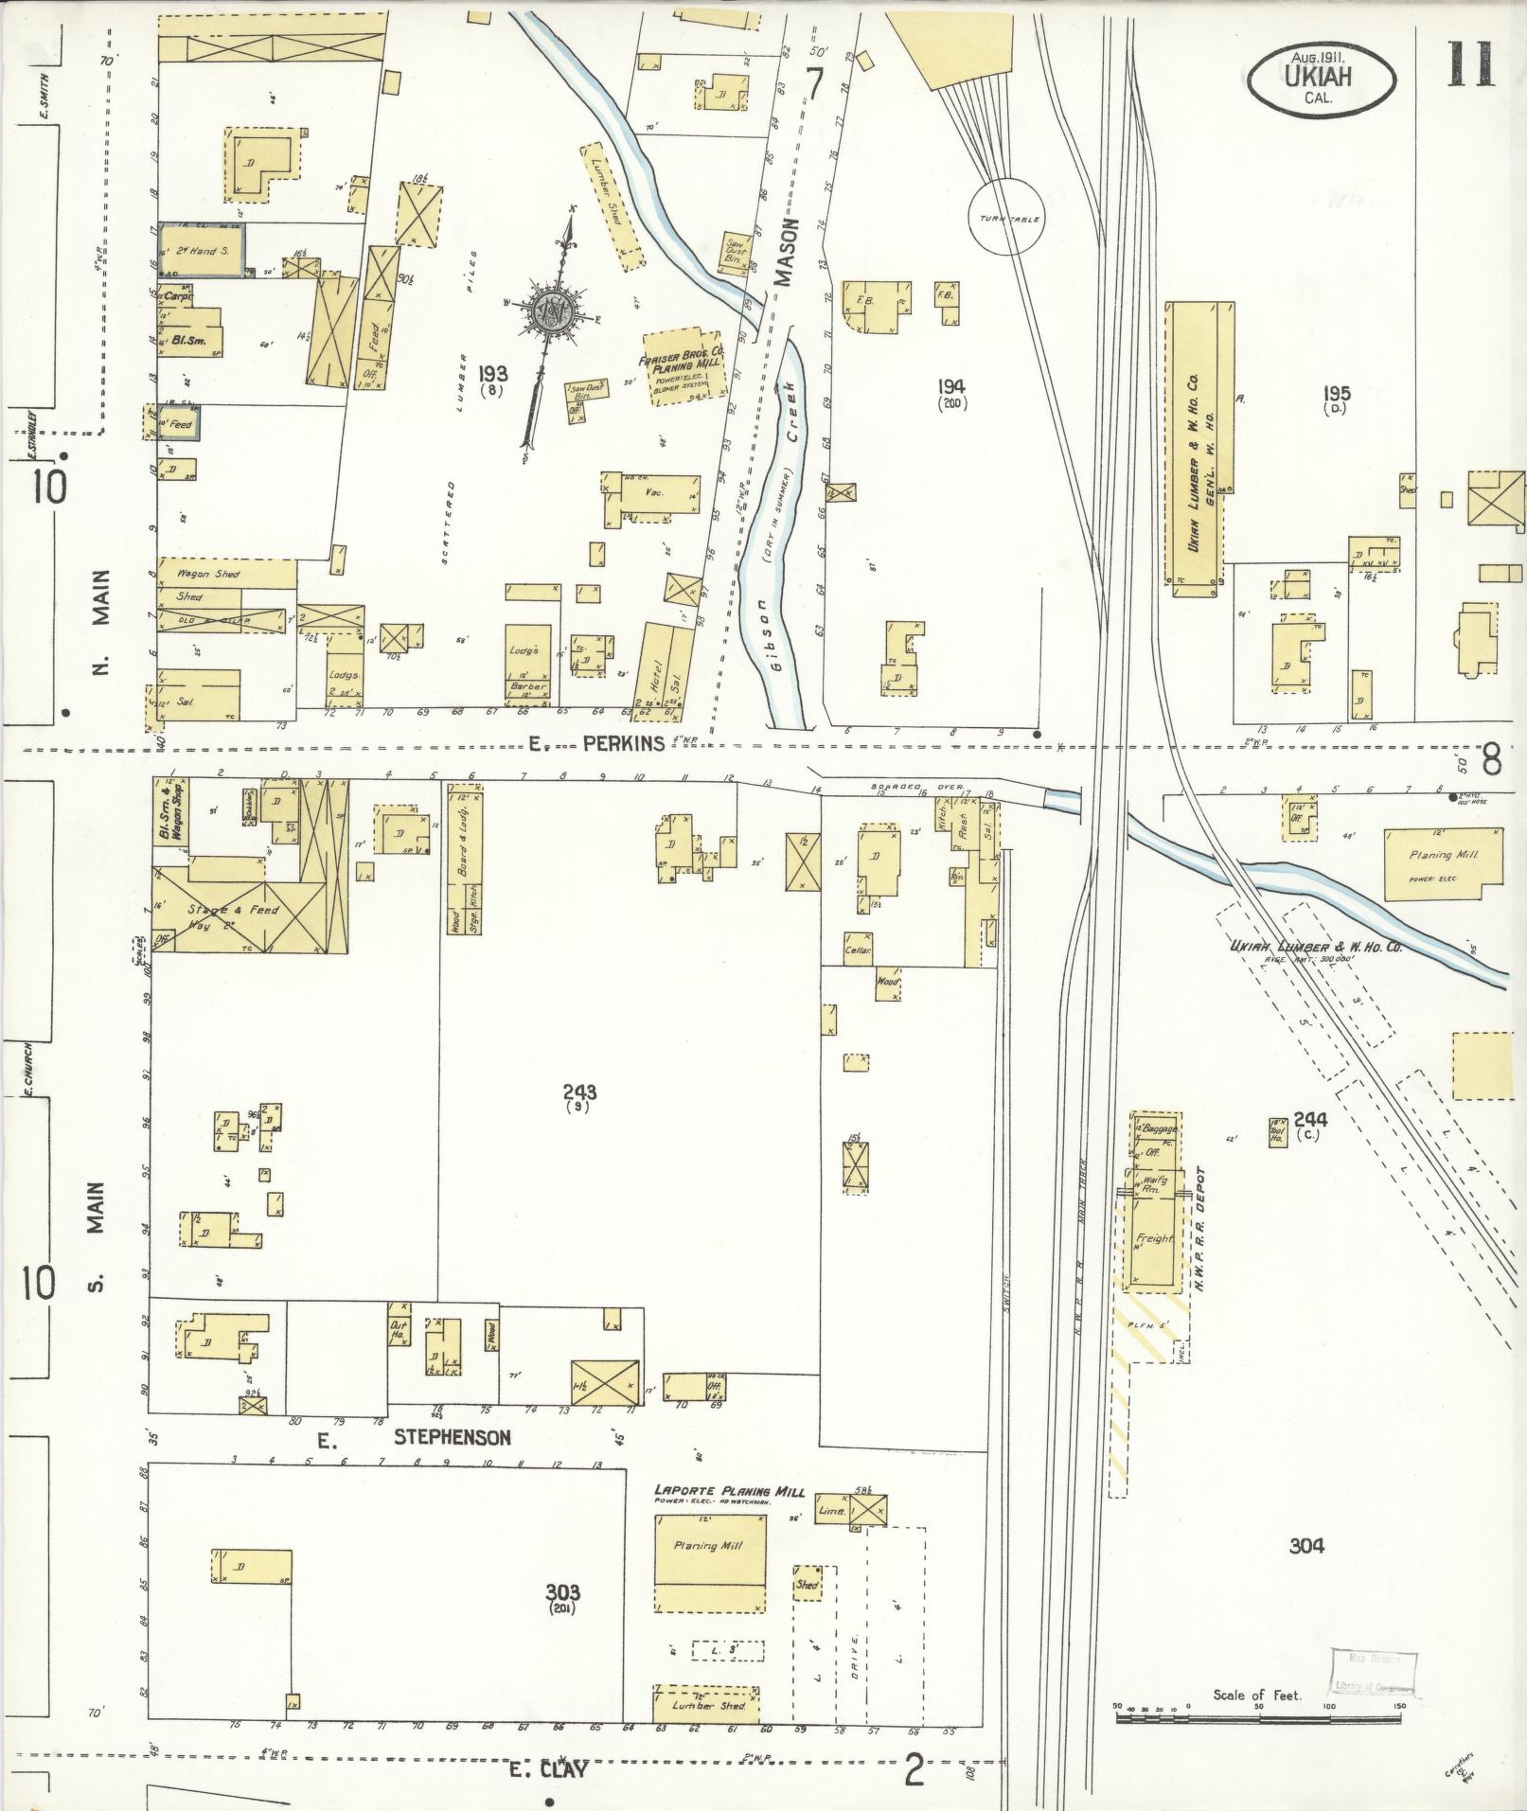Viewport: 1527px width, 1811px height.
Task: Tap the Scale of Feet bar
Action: pyautogui.click(x=1258, y=1707)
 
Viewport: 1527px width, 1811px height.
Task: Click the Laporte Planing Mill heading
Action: pyautogui.click(x=729, y=1492)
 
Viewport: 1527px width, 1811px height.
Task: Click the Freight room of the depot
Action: pyautogui.click(x=1154, y=1238)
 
